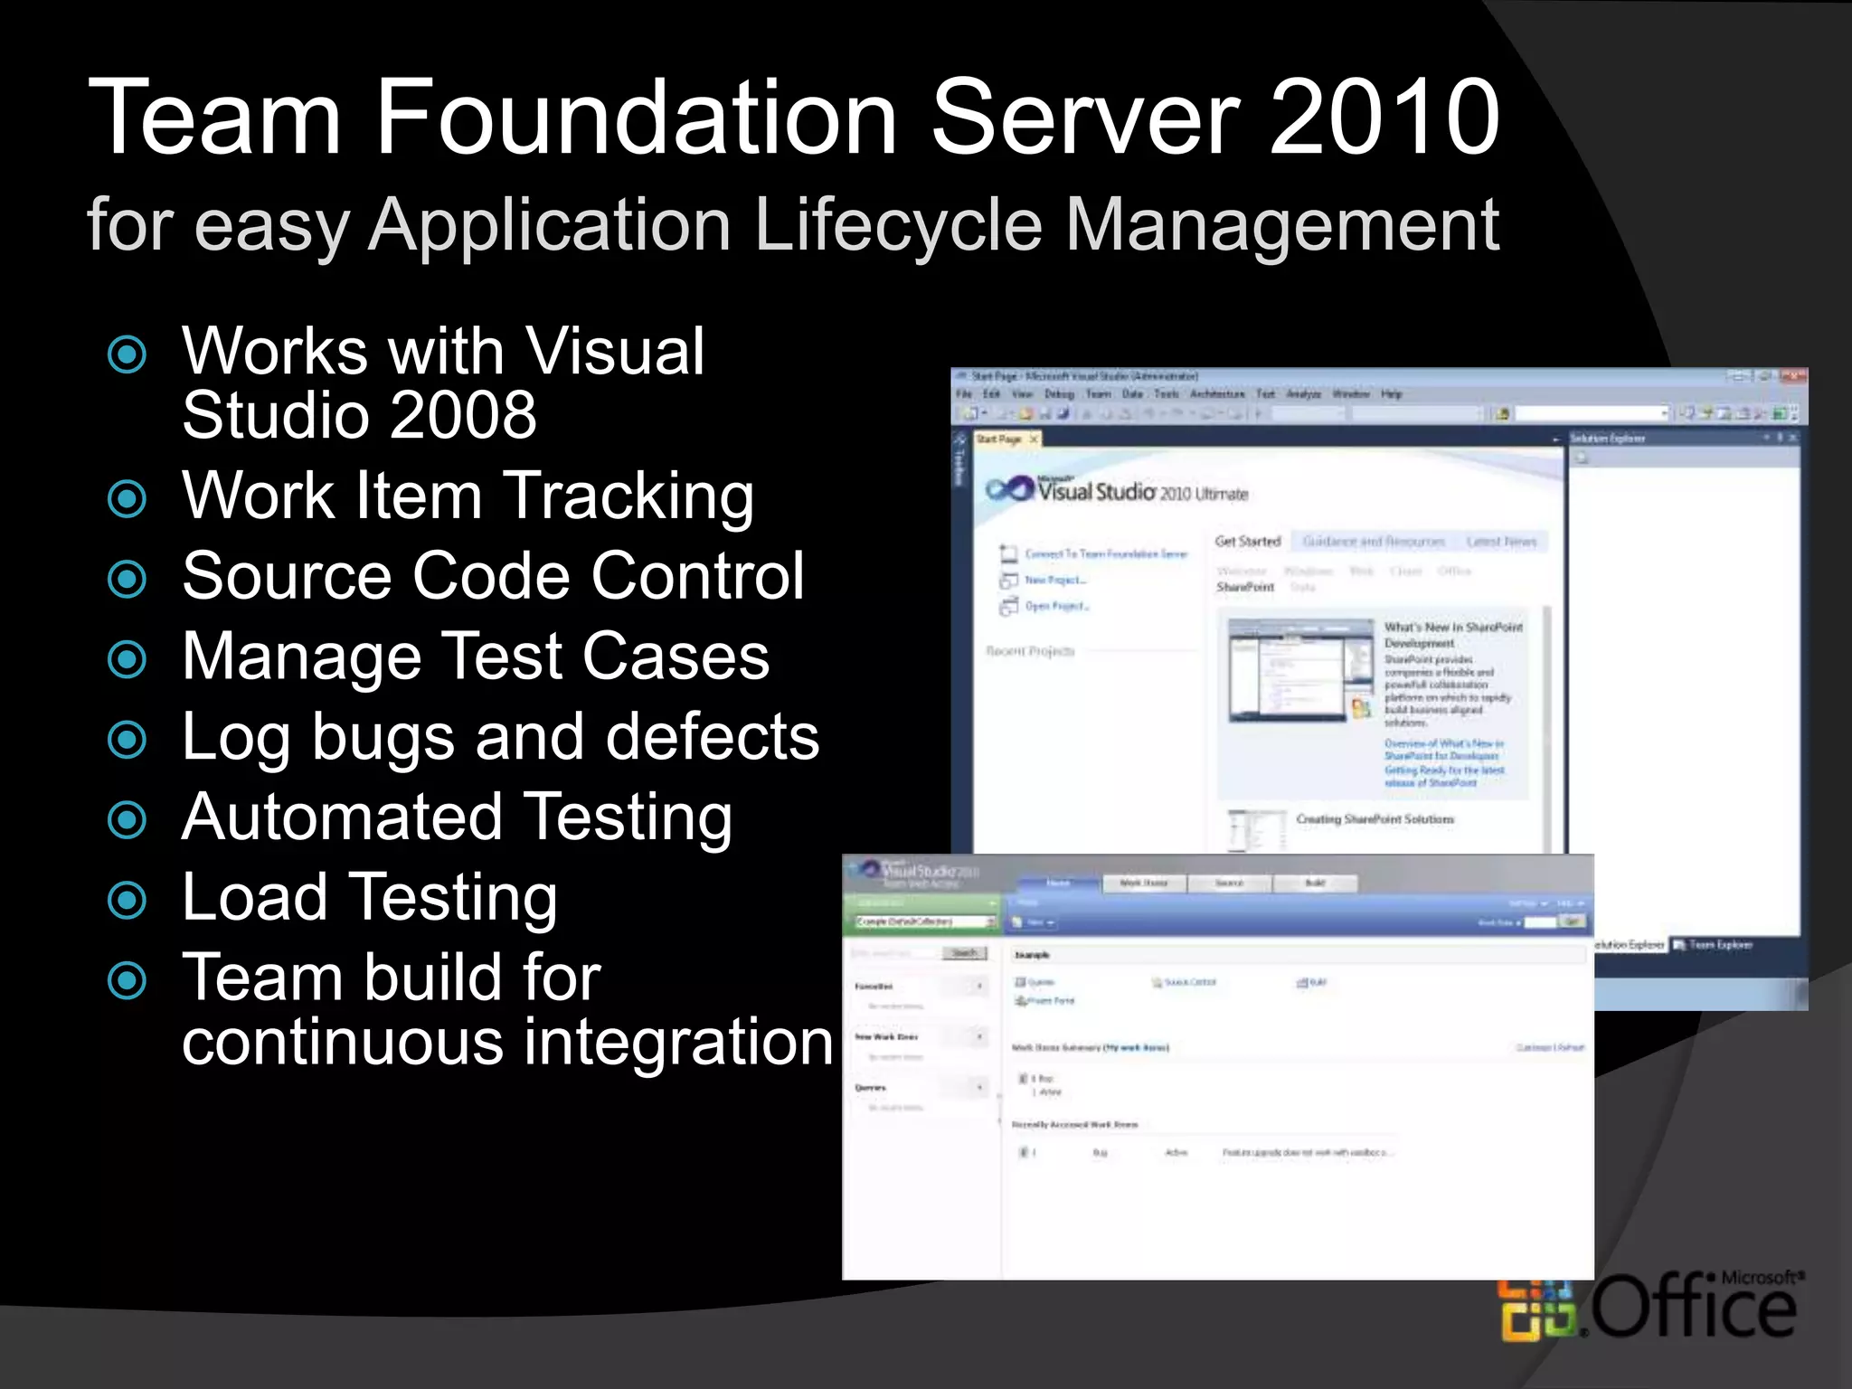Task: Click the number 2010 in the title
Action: tap(1384, 118)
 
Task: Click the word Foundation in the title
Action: tap(636, 118)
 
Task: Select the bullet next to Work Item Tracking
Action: tap(127, 498)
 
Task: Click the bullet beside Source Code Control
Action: tap(127, 579)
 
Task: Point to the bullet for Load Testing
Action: tap(127, 900)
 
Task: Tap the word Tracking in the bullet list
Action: tap(628, 496)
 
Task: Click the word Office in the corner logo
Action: tap(1692, 1308)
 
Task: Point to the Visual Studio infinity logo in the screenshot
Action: tap(1009, 489)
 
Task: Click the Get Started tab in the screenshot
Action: tap(1248, 542)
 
